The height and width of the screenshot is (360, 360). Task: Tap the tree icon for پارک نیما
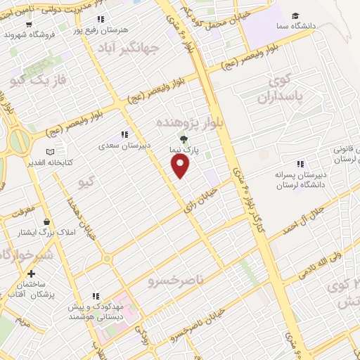tap(184, 139)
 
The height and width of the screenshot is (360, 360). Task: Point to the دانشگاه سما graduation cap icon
tap(296, 16)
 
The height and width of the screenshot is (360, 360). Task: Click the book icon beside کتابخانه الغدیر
tap(49, 152)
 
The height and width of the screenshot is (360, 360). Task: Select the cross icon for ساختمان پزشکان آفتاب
tap(31, 274)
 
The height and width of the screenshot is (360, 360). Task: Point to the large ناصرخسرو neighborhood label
tap(175, 281)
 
